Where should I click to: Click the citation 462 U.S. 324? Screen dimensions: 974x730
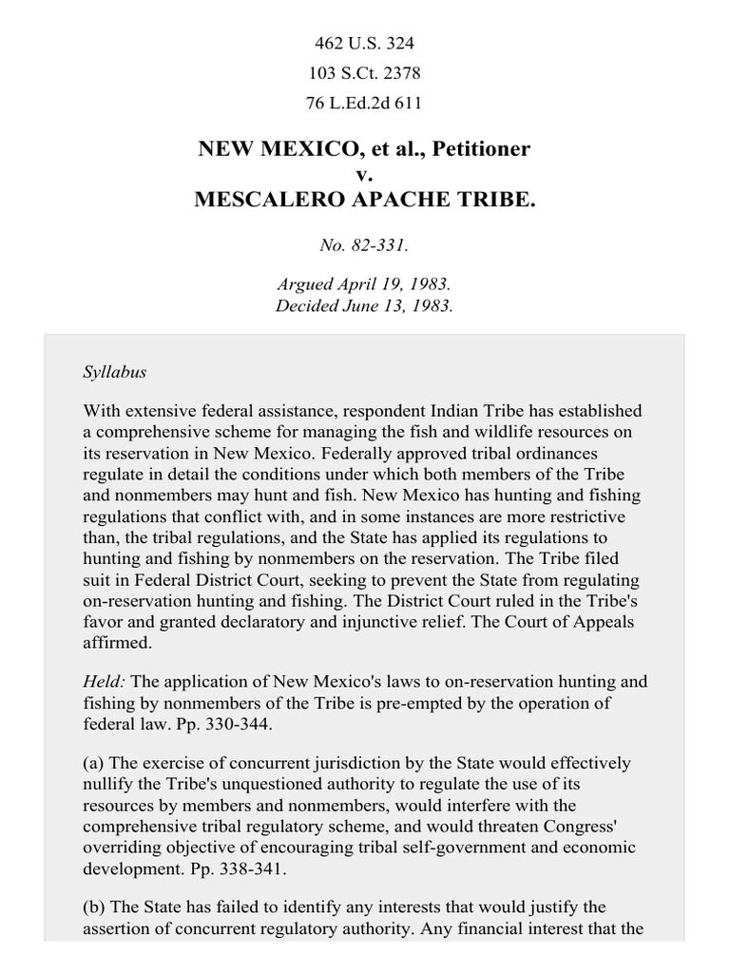click(x=364, y=44)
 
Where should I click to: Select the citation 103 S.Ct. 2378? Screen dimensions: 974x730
click(x=364, y=73)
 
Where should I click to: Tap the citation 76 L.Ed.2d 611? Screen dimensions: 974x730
click(x=364, y=103)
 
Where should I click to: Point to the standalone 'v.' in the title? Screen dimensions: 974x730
click(x=364, y=175)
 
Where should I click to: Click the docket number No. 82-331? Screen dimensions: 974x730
click(x=364, y=245)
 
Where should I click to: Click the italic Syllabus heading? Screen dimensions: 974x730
click(x=114, y=372)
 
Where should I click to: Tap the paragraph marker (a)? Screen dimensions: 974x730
click(x=94, y=763)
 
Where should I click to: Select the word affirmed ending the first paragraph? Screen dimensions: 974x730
click(x=117, y=643)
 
